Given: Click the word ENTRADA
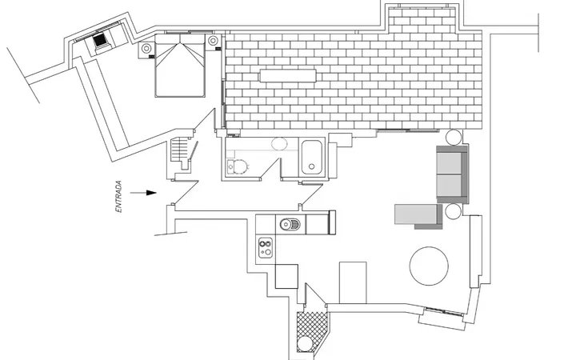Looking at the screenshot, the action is (x=118, y=197).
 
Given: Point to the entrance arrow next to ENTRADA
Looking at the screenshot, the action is (x=144, y=193).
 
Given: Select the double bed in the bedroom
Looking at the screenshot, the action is (x=180, y=66).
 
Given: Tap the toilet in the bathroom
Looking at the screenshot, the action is (x=238, y=166).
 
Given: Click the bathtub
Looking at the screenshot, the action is (x=312, y=158).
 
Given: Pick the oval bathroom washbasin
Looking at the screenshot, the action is (x=279, y=144).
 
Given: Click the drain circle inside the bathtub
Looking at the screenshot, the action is (x=311, y=166).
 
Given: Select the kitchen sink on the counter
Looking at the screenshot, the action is (x=290, y=224).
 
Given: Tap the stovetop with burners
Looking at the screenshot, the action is (x=266, y=247).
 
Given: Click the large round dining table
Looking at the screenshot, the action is (x=429, y=266).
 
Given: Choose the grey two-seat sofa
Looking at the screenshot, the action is (x=452, y=174).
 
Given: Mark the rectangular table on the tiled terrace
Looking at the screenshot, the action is (x=288, y=76).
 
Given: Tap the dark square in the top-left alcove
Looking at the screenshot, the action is (x=99, y=40).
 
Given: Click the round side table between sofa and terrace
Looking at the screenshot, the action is (x=454, y=138).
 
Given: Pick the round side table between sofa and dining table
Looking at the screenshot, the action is (x=453, y=211).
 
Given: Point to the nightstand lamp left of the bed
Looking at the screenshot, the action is (x=146, y=48).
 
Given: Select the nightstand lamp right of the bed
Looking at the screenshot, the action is (x=213, y=41).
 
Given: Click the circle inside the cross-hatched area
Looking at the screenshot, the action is (x=305, y=344).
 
